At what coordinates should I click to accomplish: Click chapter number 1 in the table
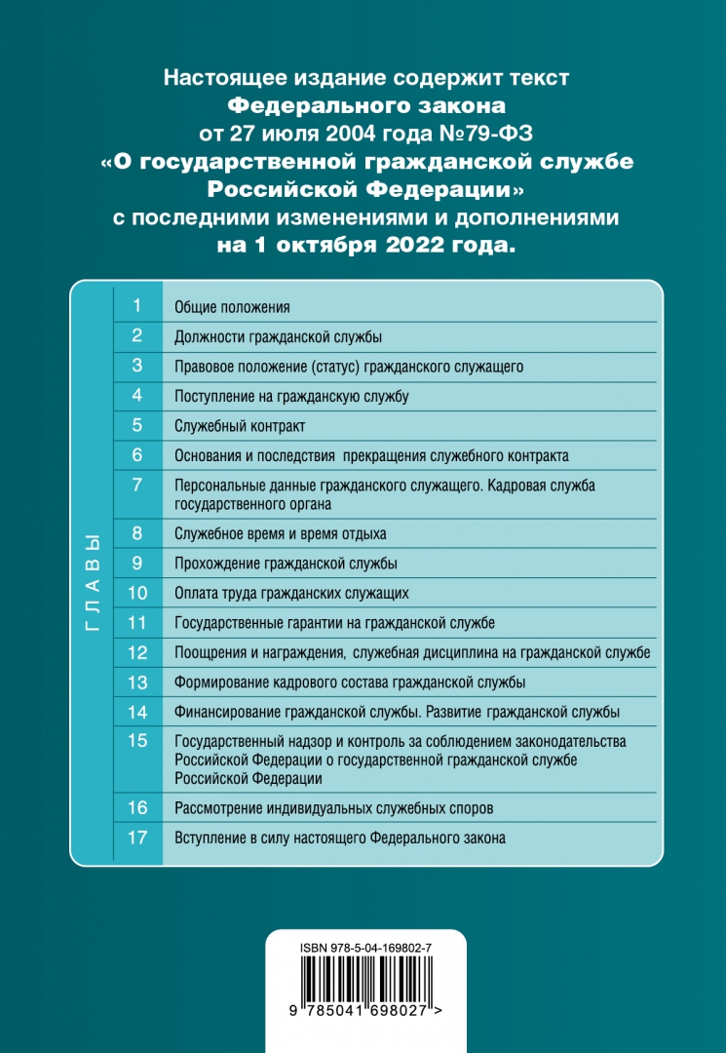137,306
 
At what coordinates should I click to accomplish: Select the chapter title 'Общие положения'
232,308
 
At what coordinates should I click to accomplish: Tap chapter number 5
137,425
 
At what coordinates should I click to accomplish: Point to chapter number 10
137,592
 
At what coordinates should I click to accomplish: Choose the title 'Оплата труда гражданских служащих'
290,593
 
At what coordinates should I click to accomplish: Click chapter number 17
137,837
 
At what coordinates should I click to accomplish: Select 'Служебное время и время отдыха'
280,533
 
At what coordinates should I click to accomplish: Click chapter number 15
137,741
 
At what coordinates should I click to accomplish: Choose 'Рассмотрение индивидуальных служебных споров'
333,808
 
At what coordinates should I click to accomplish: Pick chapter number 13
137,682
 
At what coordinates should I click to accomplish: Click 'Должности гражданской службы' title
277,337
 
